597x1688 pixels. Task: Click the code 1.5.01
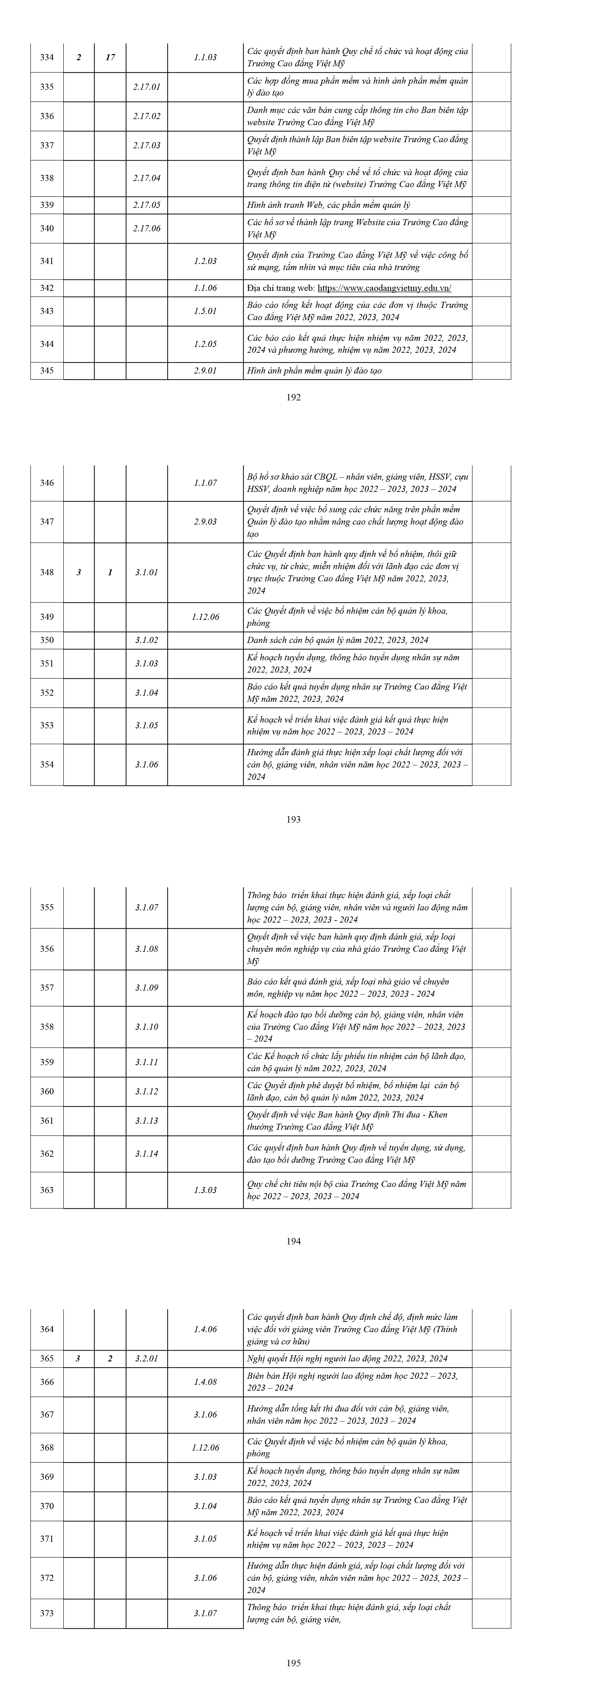click(205, 311)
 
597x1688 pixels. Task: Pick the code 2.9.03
click(205, 522)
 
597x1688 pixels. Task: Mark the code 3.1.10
click(146, 1027)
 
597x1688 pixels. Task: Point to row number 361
click(47, 1121)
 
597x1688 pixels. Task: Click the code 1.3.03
click(205, 1190)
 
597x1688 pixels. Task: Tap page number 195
click(294, 1663)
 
